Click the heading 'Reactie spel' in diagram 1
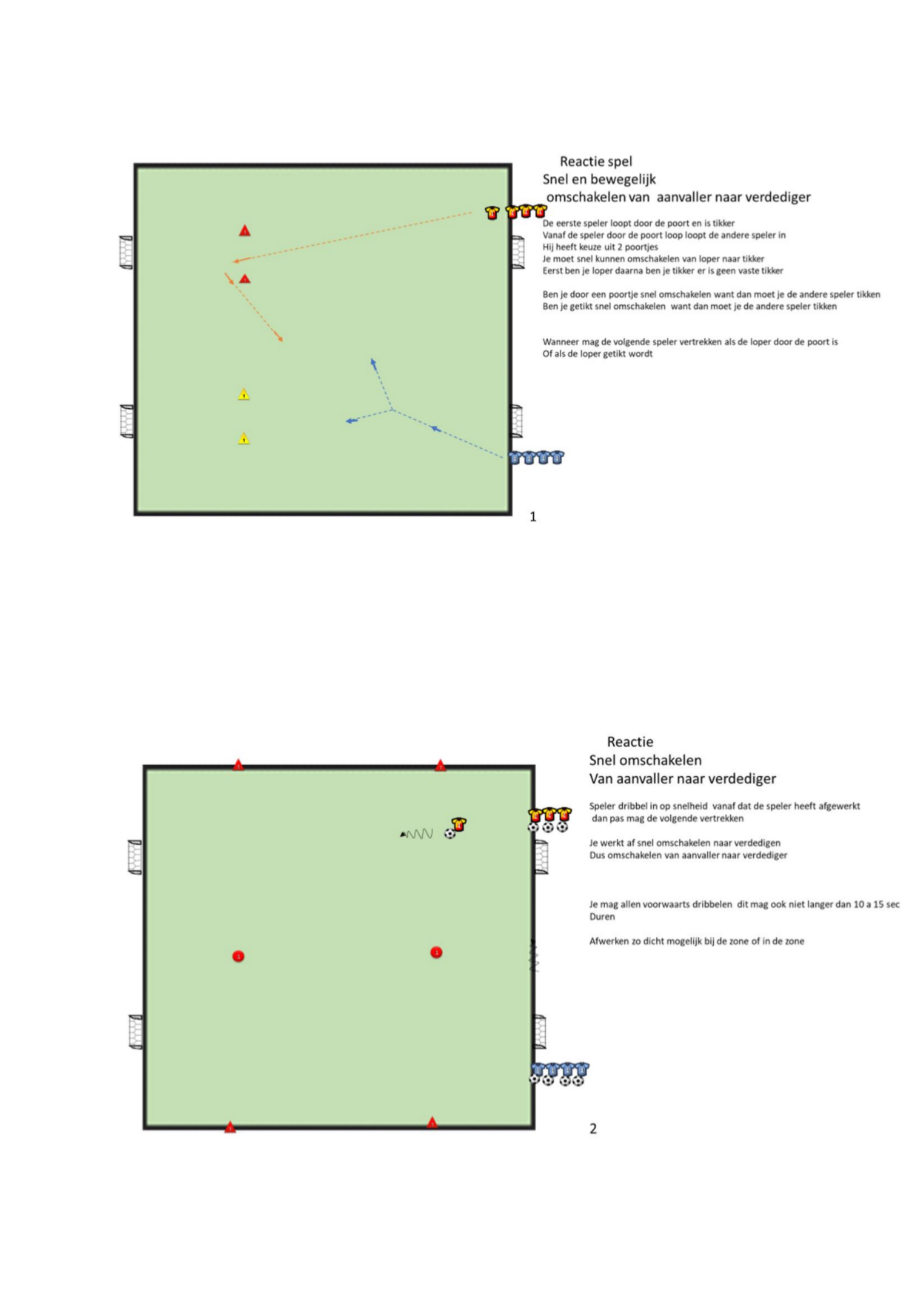(x=595, y=161)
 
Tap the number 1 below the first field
(x=532, y=517)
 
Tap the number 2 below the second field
(x=592, y=1129)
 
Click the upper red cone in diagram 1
(x=244, y=231)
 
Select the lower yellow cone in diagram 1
(x=244, y=438)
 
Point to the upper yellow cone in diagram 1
(x=244, y=394)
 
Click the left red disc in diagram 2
(x=238, y=956)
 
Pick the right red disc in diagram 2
(x=436, y=952)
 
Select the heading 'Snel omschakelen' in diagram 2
(x=645, y=760)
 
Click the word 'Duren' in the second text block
(x=602, y=917)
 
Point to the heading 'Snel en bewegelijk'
(x=599, y=179)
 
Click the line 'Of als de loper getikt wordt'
(x=598, y=354)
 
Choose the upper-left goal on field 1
(x=127, y=252)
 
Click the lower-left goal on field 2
(x=136, y=1032)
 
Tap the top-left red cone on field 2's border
(x=238, y=764)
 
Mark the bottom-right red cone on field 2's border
(x=432, y=1123)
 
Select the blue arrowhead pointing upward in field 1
(x=373, y=362)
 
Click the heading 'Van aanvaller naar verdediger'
(x=682, y=778)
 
